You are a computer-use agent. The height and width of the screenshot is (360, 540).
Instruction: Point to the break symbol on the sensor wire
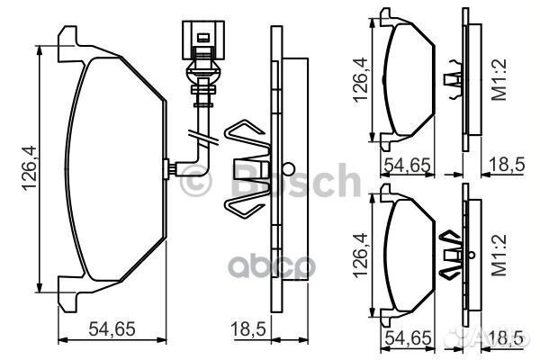pos(199,137)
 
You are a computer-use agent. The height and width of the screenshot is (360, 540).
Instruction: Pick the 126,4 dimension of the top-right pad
pos(361,79)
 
